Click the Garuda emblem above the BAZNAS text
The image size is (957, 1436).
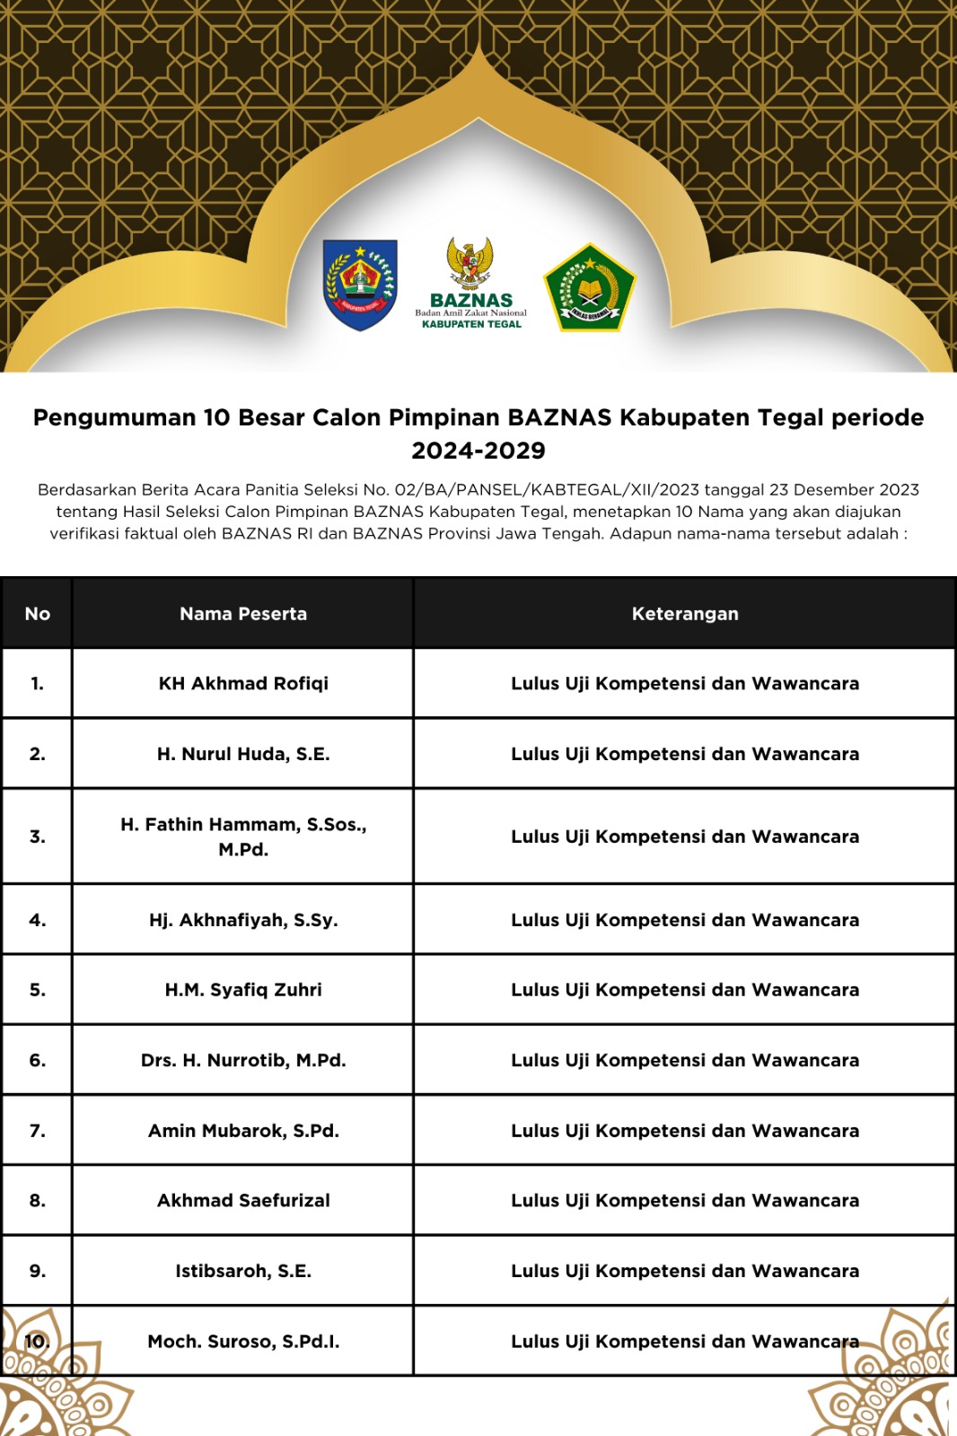[470, 262]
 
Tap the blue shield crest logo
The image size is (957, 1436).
[360, 285]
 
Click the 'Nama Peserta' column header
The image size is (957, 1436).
[243, 614]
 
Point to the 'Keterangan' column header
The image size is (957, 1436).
[685, 614]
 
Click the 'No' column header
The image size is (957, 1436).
[38, 614]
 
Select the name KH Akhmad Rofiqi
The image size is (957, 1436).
[243, 683]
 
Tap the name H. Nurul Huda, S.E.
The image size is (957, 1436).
[243, 754]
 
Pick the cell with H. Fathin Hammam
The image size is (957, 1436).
[243, 836]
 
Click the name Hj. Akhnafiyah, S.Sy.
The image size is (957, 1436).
[243, 920]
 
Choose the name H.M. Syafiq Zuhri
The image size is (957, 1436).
[243, 990]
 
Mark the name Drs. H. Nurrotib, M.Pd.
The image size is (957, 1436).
[243, 1060]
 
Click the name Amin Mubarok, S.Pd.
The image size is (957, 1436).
[243, 1131]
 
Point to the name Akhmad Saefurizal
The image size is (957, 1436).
[243, 1201]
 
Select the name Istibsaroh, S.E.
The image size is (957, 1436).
[243, 1271]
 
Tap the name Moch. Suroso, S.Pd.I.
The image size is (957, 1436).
[243, 1342]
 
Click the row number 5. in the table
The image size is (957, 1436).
[38, 990]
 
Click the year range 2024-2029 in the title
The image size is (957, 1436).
[478, 451]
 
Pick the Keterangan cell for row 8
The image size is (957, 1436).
[685, 1201]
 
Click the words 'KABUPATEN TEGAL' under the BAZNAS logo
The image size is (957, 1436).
[471, 324]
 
